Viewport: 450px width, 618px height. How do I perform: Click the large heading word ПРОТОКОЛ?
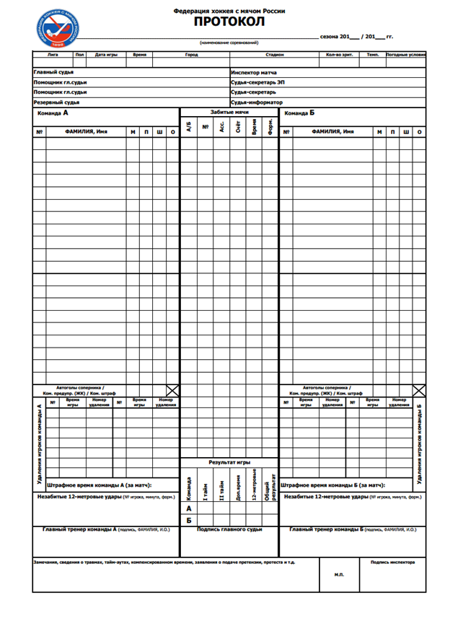click(229, 22)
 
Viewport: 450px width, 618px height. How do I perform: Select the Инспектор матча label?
click(254, 73)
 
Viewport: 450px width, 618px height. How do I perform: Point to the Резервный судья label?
click(56, 102)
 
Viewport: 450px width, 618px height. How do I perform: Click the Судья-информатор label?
click(257, 102)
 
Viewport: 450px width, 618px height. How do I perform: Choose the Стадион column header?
click(275, 54)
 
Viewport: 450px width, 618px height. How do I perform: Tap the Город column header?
click(191, 54)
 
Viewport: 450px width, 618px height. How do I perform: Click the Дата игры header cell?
click(106, 54)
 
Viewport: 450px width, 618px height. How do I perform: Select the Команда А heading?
click(53, 113)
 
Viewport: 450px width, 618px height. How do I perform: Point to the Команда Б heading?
click(300, 113)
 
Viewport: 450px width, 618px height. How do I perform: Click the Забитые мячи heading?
click(229, 112)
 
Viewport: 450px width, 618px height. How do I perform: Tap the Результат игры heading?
click(229, 462)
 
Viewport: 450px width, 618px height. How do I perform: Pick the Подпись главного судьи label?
click(229, 529)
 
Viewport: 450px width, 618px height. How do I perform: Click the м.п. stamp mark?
click(339, 575)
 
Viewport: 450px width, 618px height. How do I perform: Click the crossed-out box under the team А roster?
click(172, 390)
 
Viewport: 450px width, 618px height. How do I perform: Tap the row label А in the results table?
click(189, 508)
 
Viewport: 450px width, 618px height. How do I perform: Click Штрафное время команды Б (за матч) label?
click(332, 485)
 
